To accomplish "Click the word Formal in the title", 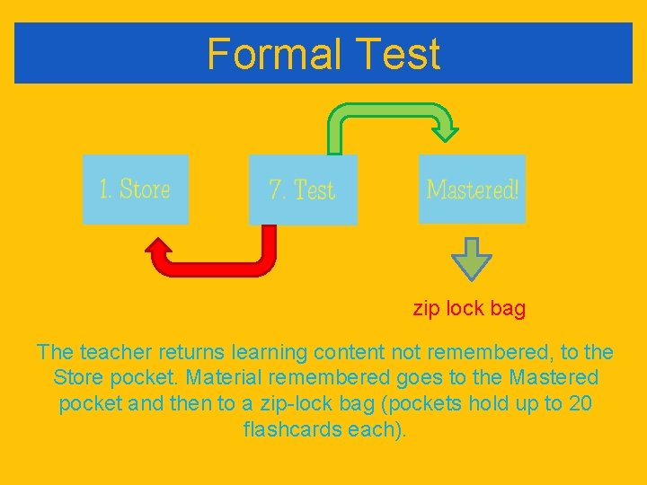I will click(274, 54).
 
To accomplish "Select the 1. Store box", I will click(136, 189).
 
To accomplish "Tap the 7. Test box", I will click(303, 190).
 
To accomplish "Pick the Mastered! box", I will click(472, 189).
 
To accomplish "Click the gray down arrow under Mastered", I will click(472, 260).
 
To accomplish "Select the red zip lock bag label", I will click(469, 309).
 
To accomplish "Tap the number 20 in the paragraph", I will click(581, 403).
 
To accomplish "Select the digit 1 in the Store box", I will click(105, 190).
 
